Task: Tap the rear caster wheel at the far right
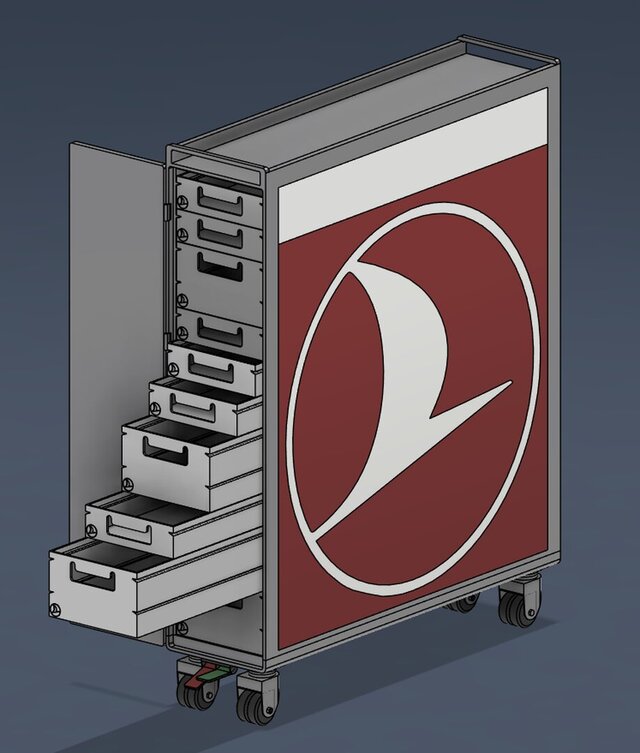[x=516, y=607]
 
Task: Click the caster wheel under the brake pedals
[x=195, y=693]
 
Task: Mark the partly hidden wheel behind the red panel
[x=463, y=603]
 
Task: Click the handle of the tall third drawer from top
[x=219, y=267]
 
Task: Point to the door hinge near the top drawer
[x=165, y=212]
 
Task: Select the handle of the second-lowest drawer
[x=129, y=528]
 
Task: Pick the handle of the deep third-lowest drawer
[x=165, y=453]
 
